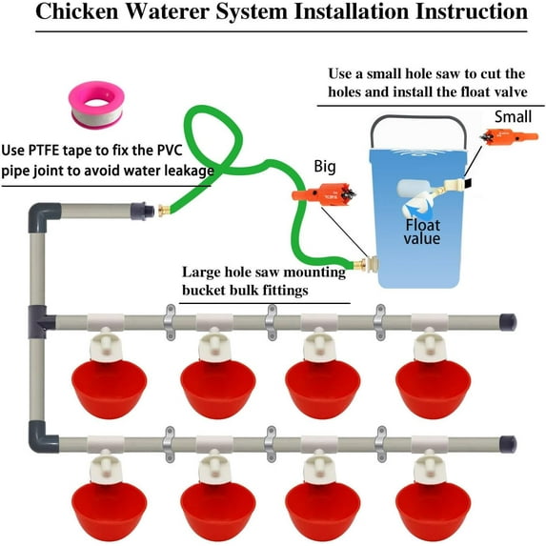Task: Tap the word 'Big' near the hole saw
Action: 325,168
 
